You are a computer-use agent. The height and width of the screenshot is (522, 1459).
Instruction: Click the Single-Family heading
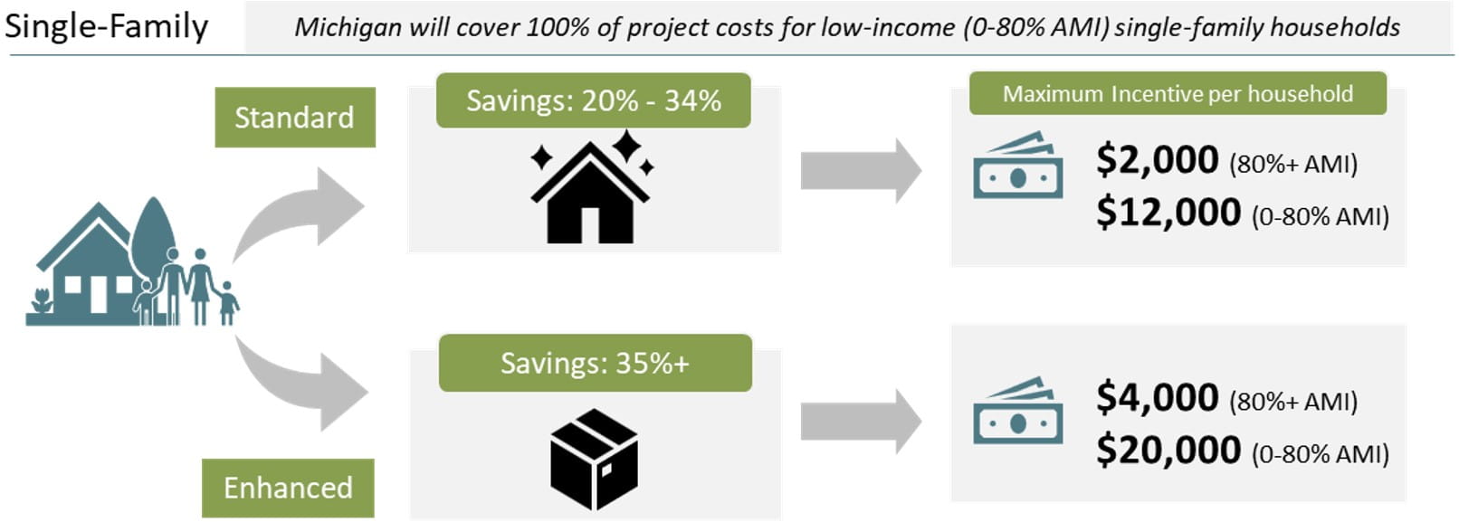click(106, 27)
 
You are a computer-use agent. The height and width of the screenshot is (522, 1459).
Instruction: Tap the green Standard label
click(295, 118)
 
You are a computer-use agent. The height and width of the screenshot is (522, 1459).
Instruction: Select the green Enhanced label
click(288, 488)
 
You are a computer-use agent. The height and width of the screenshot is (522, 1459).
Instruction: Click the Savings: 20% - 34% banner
click(594, 100)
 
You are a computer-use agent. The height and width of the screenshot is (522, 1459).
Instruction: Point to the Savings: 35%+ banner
click(596, 363)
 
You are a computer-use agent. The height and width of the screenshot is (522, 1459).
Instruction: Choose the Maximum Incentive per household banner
click(1178, 93)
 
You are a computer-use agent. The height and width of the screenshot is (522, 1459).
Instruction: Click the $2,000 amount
click(1157, 159)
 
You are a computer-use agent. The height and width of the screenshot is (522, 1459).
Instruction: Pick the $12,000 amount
click(1168, 213)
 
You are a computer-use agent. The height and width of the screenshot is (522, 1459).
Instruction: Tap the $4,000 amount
click(1157, 397)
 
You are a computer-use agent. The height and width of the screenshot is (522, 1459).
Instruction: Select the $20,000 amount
click(1168, 450)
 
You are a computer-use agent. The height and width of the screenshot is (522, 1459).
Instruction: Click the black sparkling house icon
click(591, 186)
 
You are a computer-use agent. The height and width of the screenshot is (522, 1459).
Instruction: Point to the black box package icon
click(594, 459)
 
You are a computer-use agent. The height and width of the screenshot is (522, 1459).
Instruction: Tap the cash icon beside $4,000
click(1018, 411)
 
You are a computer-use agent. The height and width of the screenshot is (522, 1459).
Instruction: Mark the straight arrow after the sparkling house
click(861, 170)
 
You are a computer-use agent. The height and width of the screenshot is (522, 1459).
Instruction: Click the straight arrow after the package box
click(861, 421)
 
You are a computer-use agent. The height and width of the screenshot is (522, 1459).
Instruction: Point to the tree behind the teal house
click(153, 241)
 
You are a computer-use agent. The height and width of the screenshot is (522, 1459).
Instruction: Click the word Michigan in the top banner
click(348, 28)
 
